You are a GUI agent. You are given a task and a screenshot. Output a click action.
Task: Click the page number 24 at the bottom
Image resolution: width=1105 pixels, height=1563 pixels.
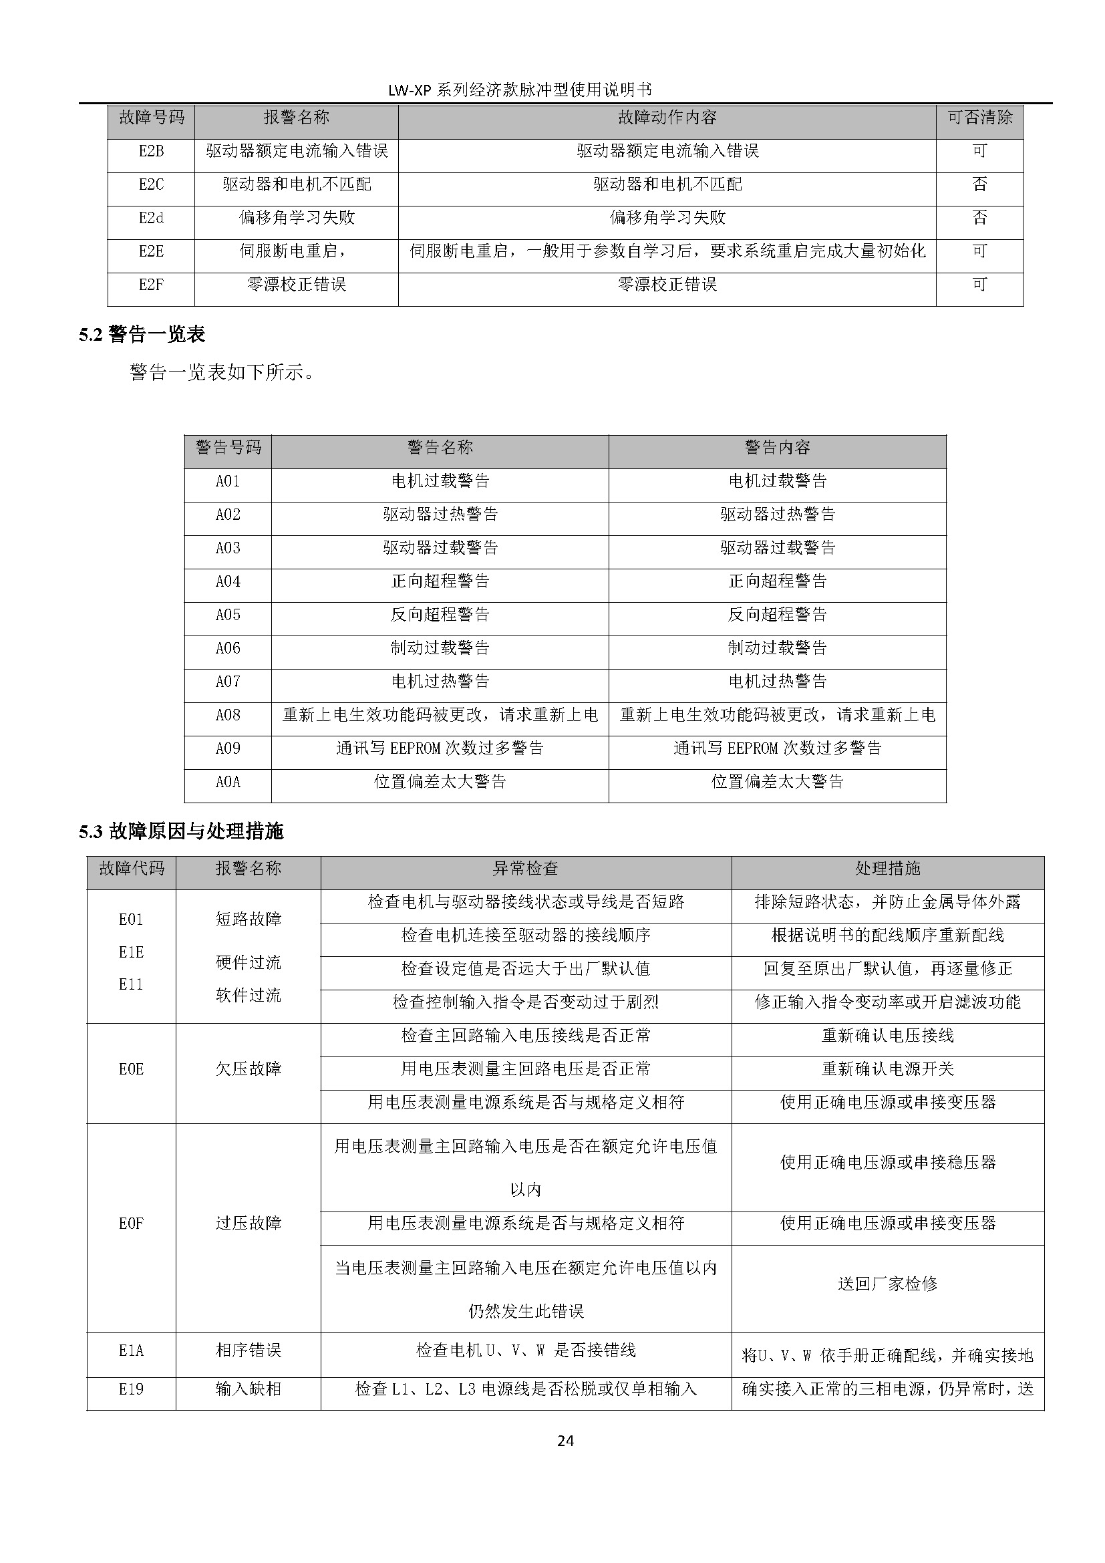pos(565,1441)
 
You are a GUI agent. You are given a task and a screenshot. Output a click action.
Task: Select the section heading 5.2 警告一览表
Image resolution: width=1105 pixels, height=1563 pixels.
pos(142,334)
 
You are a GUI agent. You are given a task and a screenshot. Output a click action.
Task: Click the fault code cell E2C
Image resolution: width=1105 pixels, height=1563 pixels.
pos(151,184)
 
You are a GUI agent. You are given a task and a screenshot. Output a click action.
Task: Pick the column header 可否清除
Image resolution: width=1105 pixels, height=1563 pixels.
pos(979,118)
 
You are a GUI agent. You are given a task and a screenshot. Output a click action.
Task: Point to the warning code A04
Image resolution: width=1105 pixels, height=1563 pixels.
pos(228,581)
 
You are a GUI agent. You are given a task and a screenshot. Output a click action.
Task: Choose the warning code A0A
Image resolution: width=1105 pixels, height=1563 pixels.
pos(228,783)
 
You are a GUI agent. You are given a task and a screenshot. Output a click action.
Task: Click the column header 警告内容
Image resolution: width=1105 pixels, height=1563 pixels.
pos(777,447)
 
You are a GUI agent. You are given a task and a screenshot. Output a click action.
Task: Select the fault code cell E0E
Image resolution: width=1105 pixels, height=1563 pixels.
pos(132,1069)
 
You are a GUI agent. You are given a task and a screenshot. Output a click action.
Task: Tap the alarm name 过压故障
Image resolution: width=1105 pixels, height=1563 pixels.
pos(249,1224)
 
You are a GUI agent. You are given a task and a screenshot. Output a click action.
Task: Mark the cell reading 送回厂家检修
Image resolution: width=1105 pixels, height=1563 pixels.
pos(887,1284)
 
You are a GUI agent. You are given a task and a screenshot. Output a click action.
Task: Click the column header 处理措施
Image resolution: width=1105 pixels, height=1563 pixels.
pos(887,868)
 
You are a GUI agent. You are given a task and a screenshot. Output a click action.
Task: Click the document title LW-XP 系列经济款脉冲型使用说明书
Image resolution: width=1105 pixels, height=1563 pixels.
pos(520,90)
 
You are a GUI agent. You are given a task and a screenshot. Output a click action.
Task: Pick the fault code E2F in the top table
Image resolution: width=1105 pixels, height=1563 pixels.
pos(151,285)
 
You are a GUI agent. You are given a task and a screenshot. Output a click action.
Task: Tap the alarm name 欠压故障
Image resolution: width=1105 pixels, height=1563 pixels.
pos(249,1069)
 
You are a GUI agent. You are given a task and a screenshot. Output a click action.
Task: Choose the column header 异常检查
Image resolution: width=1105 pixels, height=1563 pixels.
pos(525,868)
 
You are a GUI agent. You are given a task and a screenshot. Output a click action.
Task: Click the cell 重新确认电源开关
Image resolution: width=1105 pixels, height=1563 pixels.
pos(887,1069)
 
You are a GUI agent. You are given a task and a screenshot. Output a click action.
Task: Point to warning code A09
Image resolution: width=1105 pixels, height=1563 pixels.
pos(228,749)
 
